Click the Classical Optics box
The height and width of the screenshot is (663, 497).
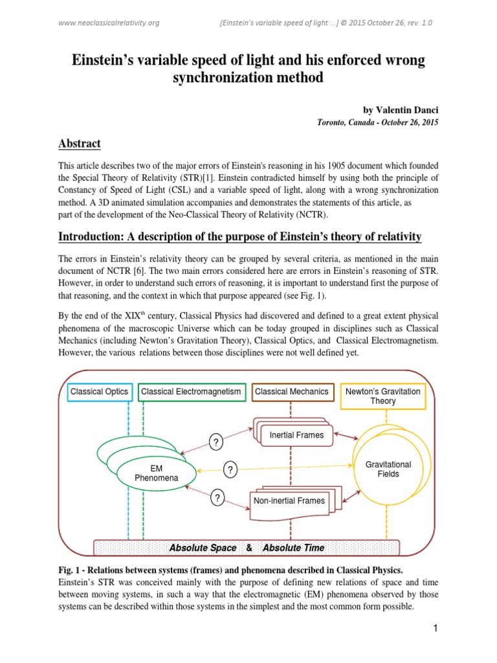100,392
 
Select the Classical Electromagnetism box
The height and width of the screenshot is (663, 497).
192,392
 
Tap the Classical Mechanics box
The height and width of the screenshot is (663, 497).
291,392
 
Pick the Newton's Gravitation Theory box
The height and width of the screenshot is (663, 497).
383,396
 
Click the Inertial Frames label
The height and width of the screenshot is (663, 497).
296,435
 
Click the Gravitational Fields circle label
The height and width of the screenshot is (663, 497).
388,469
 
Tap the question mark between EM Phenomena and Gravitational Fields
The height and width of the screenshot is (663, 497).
229,469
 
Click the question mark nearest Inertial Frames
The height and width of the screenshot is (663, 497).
215,443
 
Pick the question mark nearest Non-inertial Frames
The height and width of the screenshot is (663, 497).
217,498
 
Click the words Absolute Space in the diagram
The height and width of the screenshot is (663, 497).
203,548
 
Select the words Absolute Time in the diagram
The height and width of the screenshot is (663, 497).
293,548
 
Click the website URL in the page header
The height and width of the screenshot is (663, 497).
109,23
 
